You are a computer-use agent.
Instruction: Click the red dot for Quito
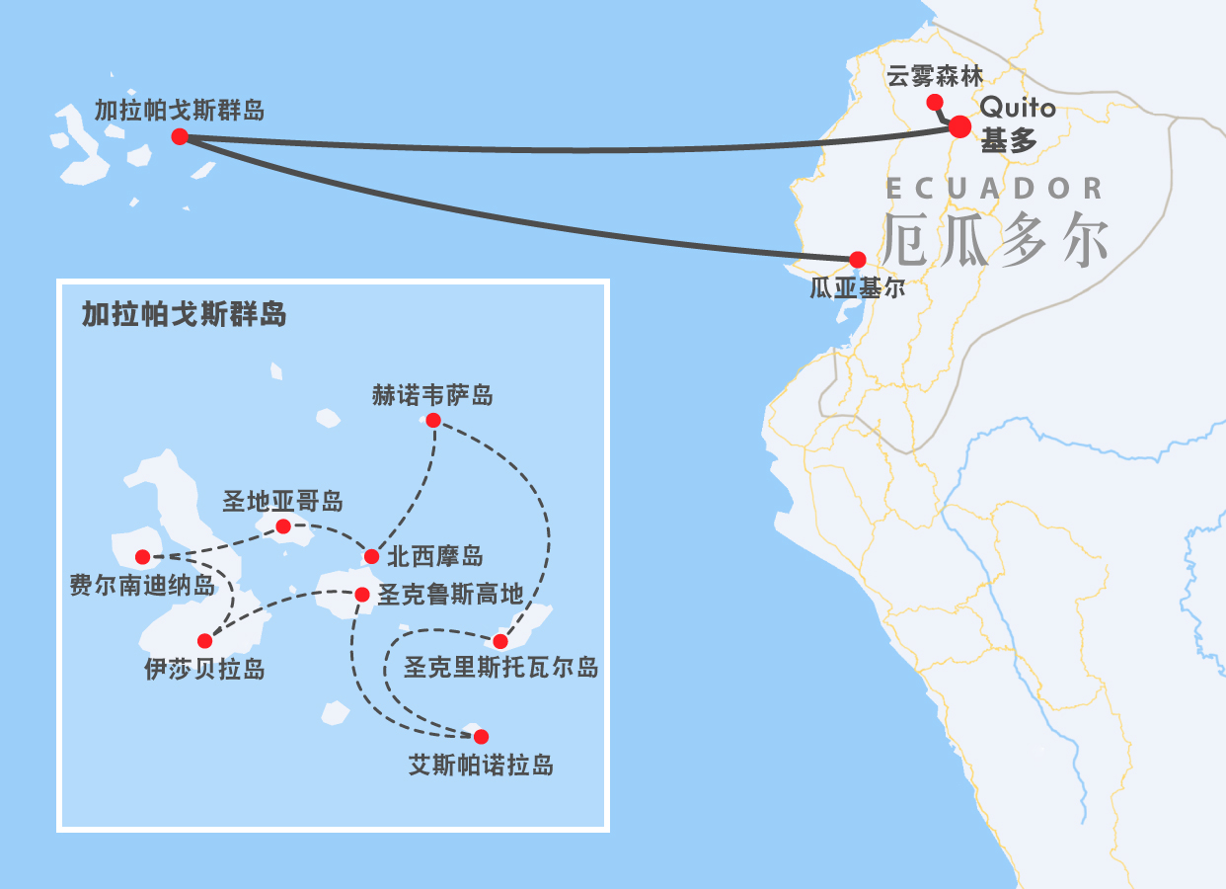(x=959, y=125)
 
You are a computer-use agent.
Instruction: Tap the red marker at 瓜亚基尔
(x=857, y=259)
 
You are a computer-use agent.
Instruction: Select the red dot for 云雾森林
(x=933, y=102)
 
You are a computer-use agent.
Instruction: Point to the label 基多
(x=1009, y=141)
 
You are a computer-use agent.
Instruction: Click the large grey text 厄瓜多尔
(x=995, y=240)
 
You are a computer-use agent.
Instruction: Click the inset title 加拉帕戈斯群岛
(x=185, y=314)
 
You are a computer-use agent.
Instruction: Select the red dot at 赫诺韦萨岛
(x=432, y=420)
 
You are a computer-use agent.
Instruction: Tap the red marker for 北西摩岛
(x=371, y=556)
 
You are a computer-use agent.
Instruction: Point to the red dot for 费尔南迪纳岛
(x=142, y=556)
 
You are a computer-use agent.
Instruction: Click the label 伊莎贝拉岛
(x=204, y=669)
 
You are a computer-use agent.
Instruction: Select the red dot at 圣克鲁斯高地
(x=361, y=595)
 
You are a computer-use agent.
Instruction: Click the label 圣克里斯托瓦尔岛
(x=500, y=668)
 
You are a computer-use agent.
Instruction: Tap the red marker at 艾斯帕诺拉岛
(x=481, y=736)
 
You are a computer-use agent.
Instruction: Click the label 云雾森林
(x=935, y=76)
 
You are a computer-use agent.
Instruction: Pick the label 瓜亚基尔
(x=857, y=288)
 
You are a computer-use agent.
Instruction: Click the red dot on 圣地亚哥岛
(x=283, y=526)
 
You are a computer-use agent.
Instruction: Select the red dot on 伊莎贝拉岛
(x=204, y=641)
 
